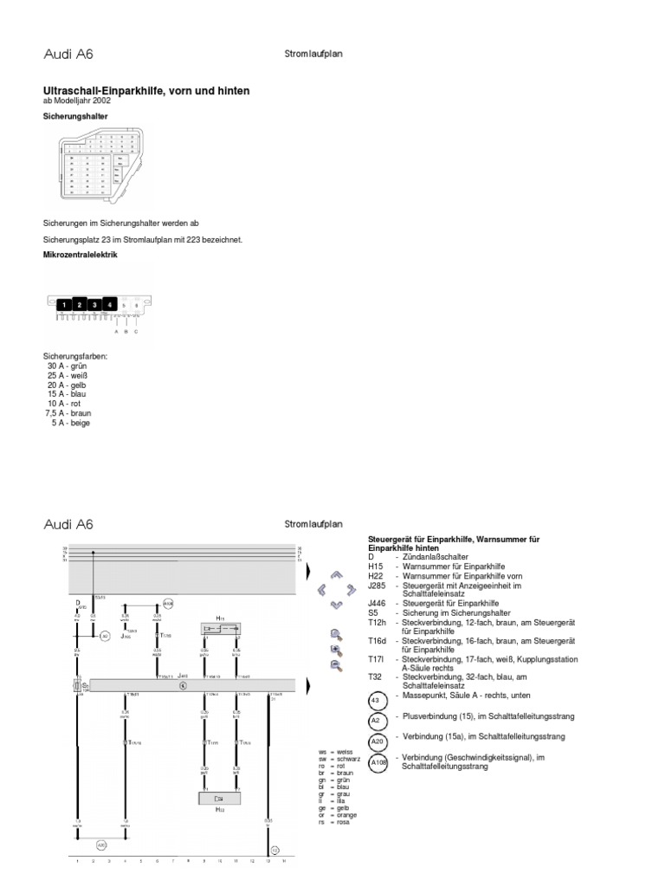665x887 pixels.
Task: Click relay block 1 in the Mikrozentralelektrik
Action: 64,305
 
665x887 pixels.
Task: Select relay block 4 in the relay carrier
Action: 109,305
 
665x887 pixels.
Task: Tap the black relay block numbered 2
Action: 79,305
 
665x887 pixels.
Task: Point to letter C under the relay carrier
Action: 135,331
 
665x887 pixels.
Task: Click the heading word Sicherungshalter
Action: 76,115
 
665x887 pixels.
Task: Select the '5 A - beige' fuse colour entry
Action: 70,423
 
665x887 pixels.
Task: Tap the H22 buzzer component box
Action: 220,799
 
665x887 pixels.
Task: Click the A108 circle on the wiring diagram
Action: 168,604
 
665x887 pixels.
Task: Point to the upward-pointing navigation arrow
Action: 338,575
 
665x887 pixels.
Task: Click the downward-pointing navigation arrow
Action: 338,605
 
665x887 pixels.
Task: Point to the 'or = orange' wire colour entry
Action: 338,815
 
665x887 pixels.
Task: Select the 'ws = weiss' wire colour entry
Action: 336,752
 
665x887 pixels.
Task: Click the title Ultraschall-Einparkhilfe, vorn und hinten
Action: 146,90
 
